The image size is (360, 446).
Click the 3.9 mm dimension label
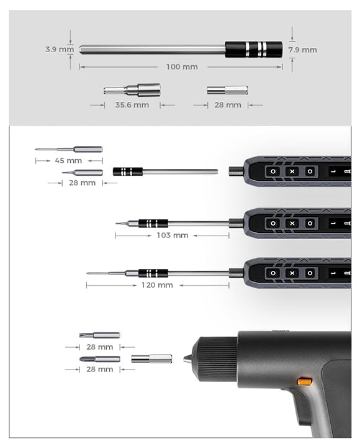point(60,49)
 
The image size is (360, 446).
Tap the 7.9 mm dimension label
point(303,50)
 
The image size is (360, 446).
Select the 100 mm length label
point(182,67)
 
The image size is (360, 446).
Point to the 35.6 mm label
point(132,105)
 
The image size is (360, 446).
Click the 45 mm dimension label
point(68,161)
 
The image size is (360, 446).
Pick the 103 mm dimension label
point(173,235)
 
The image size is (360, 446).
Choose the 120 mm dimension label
point(157,285)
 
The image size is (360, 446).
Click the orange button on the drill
point(305,381)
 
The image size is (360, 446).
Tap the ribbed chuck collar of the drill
point(217,359)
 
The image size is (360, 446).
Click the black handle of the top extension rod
point(254,50)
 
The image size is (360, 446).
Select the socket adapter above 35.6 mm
point(132,90)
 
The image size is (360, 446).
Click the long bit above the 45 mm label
point(69,149)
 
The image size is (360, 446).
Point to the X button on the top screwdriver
point(292,171)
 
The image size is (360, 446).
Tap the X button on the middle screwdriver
point(292,223)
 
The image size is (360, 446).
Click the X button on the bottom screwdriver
point(292,273)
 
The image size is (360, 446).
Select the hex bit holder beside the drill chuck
point(151,358)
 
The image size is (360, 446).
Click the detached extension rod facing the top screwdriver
point(165,171)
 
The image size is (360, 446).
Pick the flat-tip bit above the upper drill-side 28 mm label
point(99,335)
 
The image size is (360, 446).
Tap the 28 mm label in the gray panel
point(228,105)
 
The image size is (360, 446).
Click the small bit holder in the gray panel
point(227,91)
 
